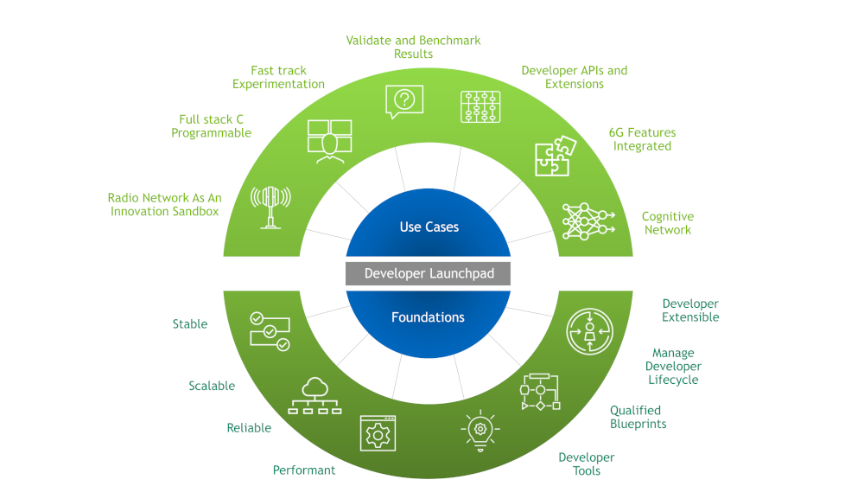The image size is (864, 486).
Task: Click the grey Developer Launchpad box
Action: coord(429,273)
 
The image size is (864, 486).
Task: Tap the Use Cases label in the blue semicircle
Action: coord(429,227)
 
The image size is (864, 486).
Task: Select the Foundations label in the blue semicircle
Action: coord(428,317)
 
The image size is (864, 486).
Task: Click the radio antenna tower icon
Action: coord(270,206)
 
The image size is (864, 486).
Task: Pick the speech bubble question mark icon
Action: coord(404,101)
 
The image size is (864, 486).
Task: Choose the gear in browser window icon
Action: coord(378,432)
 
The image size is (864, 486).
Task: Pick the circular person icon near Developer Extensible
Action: coord(589,332)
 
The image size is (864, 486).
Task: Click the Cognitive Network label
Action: coord(667,223)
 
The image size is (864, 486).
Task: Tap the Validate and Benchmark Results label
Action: coord(413,47)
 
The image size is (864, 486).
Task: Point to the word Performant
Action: coord(304,470)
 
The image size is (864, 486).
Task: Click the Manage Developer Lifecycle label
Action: coord(673,367)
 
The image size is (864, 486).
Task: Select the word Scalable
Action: coord(212,387)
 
